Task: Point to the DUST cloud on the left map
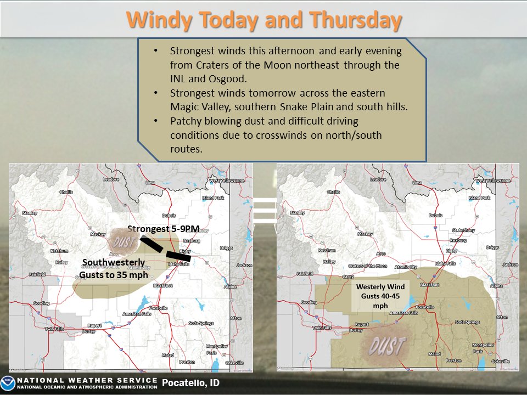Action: tap(121, 241)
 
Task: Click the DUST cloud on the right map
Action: tap(387, 346)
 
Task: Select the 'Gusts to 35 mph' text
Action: tap(114, 275)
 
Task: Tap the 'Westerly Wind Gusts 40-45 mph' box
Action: tap(380, 296)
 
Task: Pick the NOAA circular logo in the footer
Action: tap(8, 383)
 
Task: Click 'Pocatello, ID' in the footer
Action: tap(190, 383)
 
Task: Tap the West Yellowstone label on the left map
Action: tap(225, 180)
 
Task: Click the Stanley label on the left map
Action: tap(29, 212)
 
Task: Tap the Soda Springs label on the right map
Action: tap(467, 323)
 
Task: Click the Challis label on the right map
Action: tap(333, 192)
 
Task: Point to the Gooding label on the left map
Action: tap(41, 303)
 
